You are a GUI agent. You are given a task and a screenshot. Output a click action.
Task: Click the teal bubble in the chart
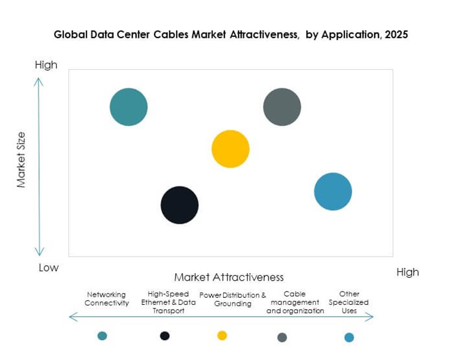129,107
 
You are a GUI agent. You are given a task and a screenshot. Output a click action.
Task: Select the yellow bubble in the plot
230,149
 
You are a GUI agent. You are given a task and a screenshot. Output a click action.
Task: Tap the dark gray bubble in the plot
282,107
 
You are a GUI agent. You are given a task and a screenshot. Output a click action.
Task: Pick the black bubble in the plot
179,205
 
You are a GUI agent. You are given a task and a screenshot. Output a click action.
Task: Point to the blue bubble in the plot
333,192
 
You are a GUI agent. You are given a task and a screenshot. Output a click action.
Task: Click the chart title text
231,35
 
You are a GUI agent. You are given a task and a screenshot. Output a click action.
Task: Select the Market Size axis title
21,160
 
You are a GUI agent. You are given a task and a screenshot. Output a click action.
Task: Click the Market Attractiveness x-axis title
229,277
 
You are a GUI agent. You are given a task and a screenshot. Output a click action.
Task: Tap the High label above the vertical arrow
46,65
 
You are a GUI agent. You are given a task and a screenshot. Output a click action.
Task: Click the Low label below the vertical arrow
48,267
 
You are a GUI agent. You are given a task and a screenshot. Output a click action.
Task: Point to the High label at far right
407,272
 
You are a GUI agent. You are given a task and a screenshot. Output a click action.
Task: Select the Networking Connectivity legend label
107,299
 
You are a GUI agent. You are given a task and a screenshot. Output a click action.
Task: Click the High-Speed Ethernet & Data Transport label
168,302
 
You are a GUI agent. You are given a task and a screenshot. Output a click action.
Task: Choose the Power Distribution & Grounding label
232,299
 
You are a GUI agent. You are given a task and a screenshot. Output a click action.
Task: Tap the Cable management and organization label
295,302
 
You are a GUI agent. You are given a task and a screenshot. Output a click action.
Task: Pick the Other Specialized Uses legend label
349,302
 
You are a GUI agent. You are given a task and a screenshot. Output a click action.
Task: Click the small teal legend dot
102,336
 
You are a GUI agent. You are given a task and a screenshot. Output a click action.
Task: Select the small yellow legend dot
222,335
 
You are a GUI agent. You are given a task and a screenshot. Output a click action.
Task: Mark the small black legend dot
165,336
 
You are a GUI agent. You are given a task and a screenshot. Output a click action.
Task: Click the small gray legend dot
282,337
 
